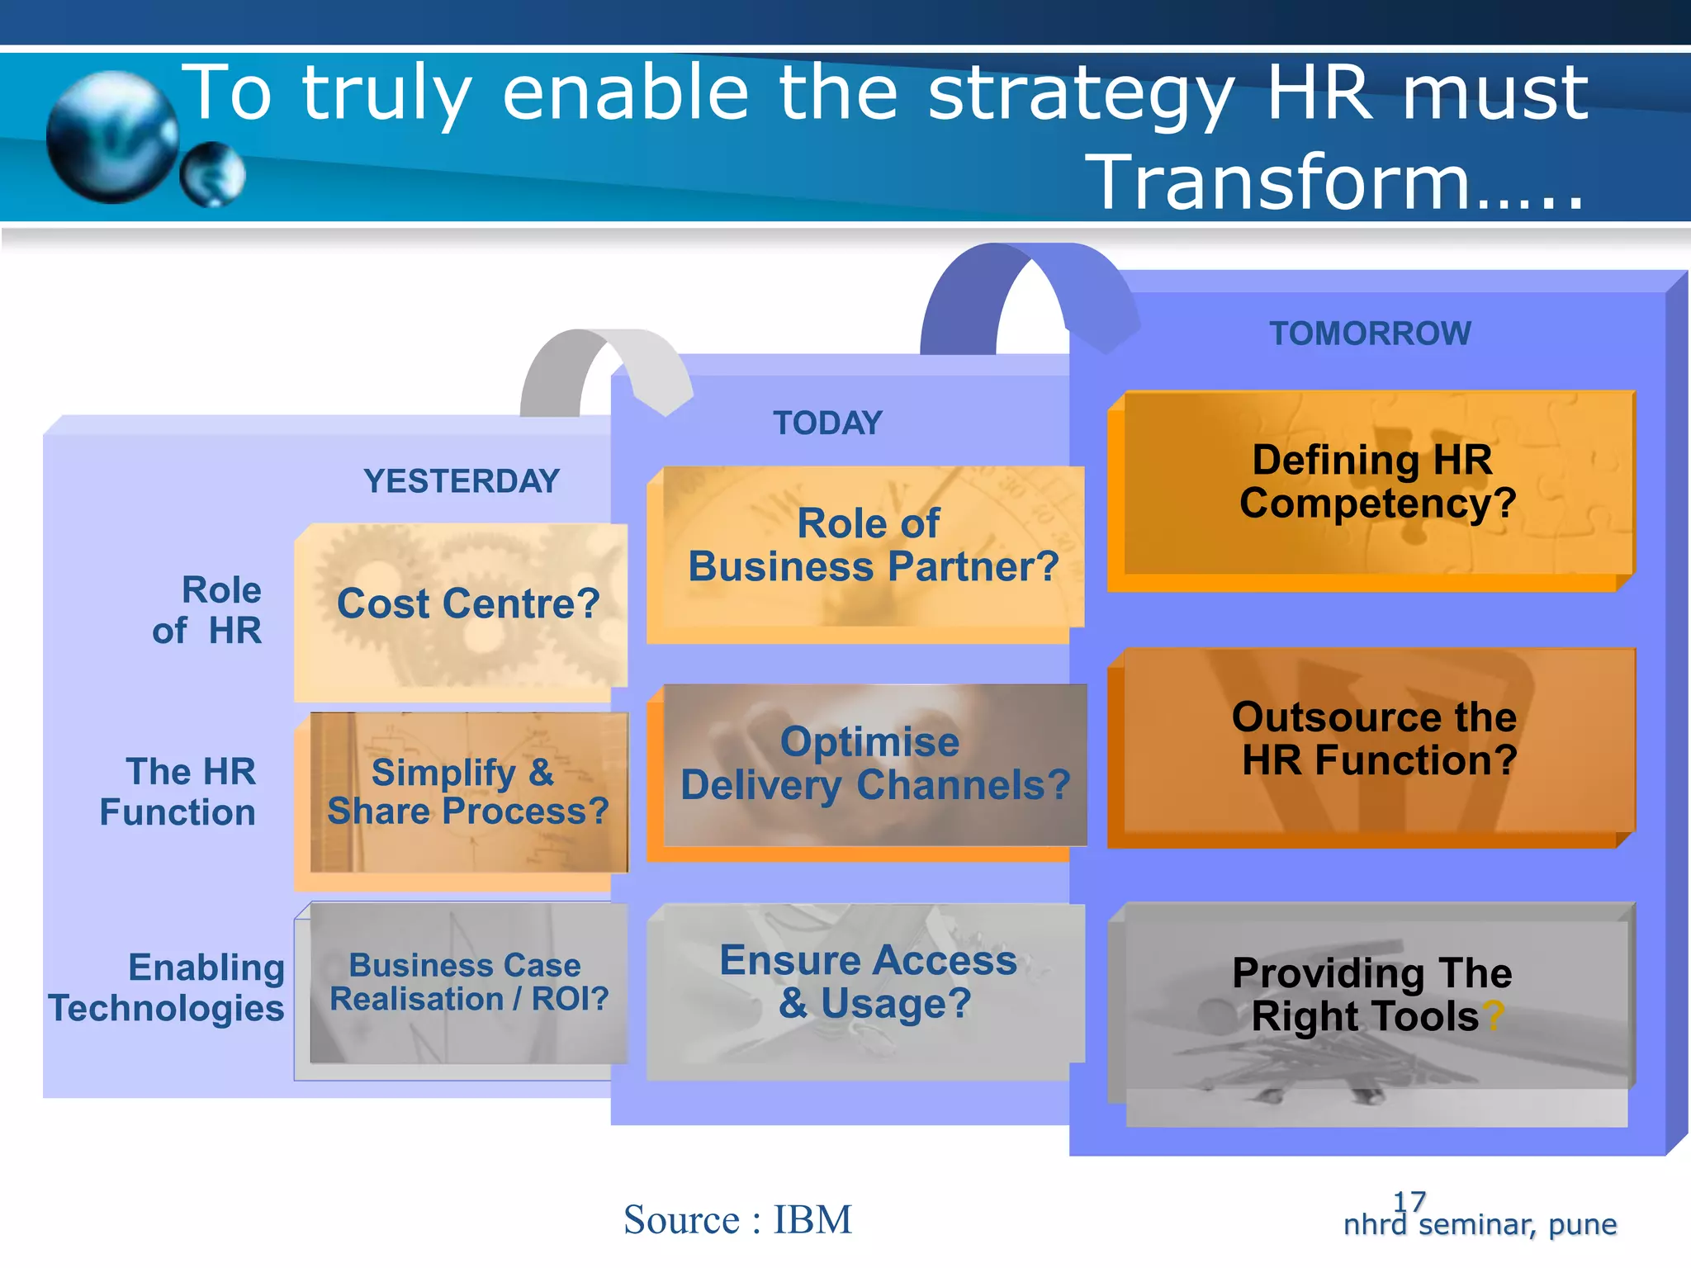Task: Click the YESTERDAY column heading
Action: point(462,481)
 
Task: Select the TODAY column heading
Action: point(827,423)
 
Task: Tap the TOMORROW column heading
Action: point(1370,334)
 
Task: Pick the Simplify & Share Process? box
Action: point(467,792)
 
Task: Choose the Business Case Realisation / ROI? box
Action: point(467,982)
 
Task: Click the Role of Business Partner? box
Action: point(872,546)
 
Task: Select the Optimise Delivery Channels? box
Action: point(874,764)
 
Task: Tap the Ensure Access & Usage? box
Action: point(869,982)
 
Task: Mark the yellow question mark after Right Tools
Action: point(1493,1017)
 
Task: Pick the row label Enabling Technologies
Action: point(168,987)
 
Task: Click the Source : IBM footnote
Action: point(737,1220)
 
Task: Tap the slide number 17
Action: point(1409,1201)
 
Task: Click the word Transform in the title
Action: point(1280,183)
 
